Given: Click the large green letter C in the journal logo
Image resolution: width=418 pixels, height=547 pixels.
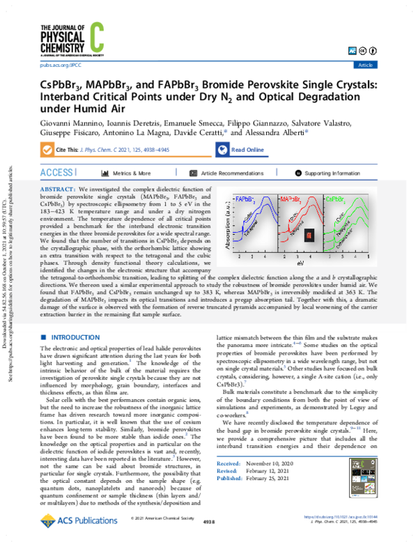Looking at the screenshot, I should pos(95,33).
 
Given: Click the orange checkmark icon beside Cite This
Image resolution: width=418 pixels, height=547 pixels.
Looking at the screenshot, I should pos(47,150).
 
